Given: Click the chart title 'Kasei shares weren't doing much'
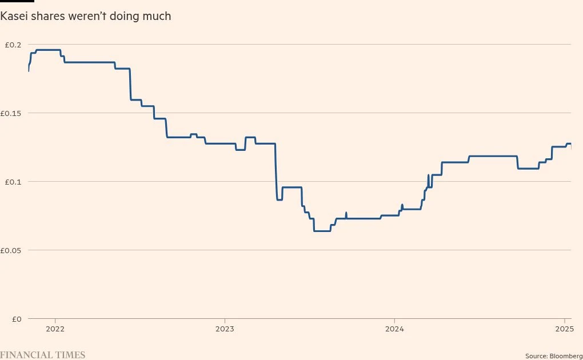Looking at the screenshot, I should [86, 17].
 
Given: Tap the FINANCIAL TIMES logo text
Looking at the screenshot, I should [43, 355].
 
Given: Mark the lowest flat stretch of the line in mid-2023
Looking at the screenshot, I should [322, 231].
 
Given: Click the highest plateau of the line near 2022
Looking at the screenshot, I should [49, 50].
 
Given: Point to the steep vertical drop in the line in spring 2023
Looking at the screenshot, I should [276, 171].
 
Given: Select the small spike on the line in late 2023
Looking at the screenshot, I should [346, 215].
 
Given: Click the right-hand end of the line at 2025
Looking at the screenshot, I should [570, 146].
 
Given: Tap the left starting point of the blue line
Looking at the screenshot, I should [29, 70].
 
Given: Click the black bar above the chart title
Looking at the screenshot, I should [17, 1].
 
